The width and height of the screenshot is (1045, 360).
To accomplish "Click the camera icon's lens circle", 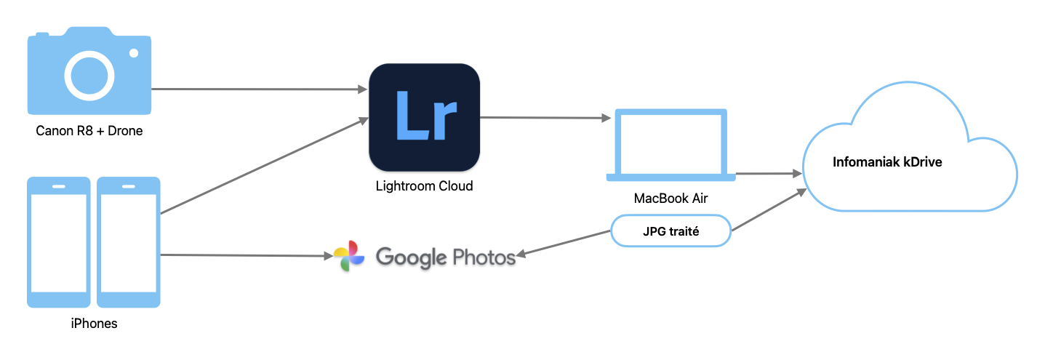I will (x=89, y=75).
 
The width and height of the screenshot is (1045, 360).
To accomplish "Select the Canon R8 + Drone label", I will (x=89, y=132).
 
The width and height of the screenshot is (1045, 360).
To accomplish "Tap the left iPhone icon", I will (x=58, y=241).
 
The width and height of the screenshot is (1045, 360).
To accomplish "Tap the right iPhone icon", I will (x=129, y=241).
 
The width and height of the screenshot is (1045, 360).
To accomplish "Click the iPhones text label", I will (x=94, y=324).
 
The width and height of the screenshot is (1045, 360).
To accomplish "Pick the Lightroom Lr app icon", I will (x=424, y=117).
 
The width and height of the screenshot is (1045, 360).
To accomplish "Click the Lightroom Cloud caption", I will (x=424, y=186).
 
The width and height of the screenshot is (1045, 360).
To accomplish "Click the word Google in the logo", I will (x=411, y=257).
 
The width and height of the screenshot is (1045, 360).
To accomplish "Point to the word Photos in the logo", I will (x=484, y=257).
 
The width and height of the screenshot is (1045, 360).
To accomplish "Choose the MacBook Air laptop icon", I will (x=671, y=145).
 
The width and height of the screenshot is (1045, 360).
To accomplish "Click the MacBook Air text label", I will (x=670, y=198).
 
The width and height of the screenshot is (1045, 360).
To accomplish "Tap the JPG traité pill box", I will (x=670, y=231).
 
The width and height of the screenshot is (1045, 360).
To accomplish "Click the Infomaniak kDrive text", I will (x=887, y=162).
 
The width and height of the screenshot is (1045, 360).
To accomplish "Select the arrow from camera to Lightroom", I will (x=258, y=89).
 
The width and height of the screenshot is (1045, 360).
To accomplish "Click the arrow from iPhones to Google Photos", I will (x=244, y=255).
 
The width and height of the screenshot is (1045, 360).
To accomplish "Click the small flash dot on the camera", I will (x=134, y=53).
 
